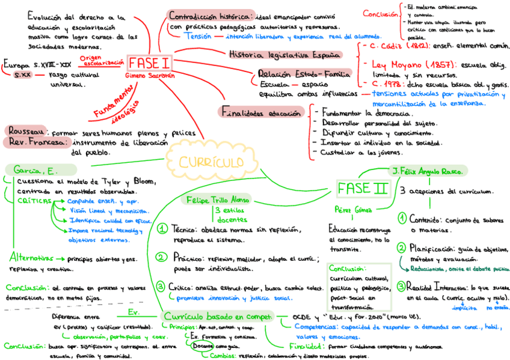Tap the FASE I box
tap(149, 63)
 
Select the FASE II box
tap(362, 188)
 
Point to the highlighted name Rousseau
tap(25, 131)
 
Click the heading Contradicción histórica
tap(210, 16)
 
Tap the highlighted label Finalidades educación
tap(261, 112)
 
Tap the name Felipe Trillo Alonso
tap(218, 200)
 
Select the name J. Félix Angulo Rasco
tap(428, 171)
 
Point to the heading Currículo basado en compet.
tap(217, 316)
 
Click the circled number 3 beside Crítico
tap(161, 286)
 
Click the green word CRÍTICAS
tap(34, 201)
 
